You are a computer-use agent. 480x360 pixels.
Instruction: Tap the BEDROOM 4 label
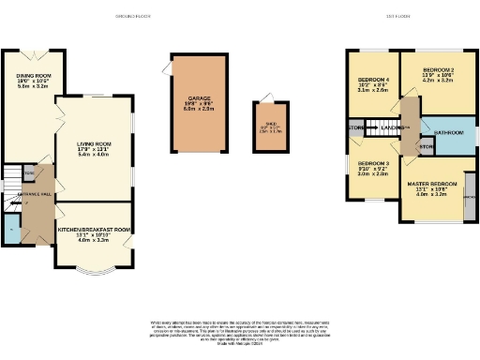tap(372, 80)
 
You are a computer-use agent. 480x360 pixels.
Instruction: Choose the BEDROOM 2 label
tap(437, 70)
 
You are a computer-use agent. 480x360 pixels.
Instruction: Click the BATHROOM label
tap(446, 133)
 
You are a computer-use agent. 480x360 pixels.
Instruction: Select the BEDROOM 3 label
tap(372, 163)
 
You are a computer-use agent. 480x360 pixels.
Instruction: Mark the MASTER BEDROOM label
tap(431, 184)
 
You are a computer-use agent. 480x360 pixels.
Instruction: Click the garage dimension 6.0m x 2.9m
tap(199, 109)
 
